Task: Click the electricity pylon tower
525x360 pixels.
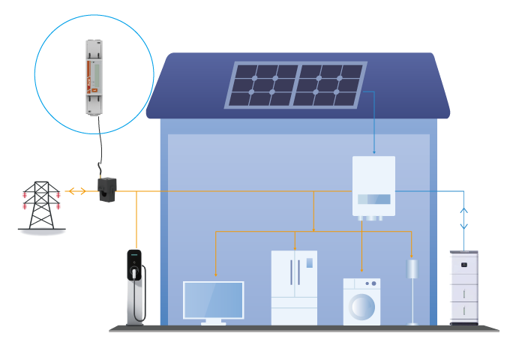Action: [x=42, y=205]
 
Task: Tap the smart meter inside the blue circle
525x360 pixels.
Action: [x=94, y=77]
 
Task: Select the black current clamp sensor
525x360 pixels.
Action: [x=107, y=189]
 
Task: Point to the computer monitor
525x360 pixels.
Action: [x=214, y=300]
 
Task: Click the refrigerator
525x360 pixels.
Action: [x=294, y=287]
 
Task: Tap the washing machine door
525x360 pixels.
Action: [x=362, y=306]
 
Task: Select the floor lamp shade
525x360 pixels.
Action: [x=412, y=269]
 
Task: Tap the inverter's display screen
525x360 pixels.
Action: [x=373, y=199]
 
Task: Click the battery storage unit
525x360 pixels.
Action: [x=463, y=287]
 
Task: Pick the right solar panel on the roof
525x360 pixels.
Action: [x=328, y=85]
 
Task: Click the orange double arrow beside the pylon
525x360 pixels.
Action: [x=76, y=191]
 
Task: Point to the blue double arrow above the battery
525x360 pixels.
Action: [x=463, y=218]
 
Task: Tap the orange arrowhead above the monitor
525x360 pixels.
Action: [x=216, y=274]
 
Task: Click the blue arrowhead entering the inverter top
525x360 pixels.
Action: [x=374, y=152]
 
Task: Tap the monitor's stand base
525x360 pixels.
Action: [x=214, y=323]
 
